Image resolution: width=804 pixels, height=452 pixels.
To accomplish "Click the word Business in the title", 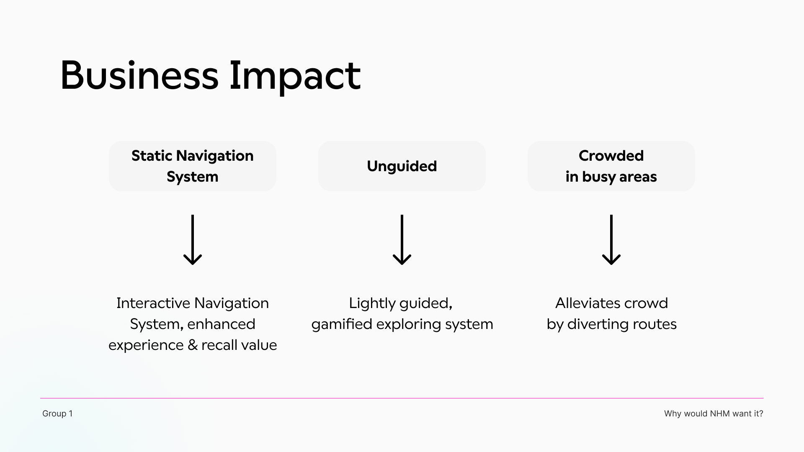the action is click(x=139, y=76).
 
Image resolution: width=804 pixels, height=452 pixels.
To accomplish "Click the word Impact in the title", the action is click(x=295, y=76).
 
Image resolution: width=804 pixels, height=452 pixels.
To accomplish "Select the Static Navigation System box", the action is click(x=193, y=166).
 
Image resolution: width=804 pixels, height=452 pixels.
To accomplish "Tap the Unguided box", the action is click(x=402, y=166).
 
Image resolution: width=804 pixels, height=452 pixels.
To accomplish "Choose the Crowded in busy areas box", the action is click(x=611, y=166).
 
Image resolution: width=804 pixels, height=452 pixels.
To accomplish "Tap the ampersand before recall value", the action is click(x=193, y=345).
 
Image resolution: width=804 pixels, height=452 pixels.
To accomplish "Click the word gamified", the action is click(x=342, y=324).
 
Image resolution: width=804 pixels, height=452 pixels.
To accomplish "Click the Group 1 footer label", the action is click(x=57, y=413).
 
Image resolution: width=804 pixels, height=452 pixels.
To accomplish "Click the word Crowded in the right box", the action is click(x=611, y=156).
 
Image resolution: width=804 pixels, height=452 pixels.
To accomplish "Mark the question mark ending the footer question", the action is click(x=761, y=413).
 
